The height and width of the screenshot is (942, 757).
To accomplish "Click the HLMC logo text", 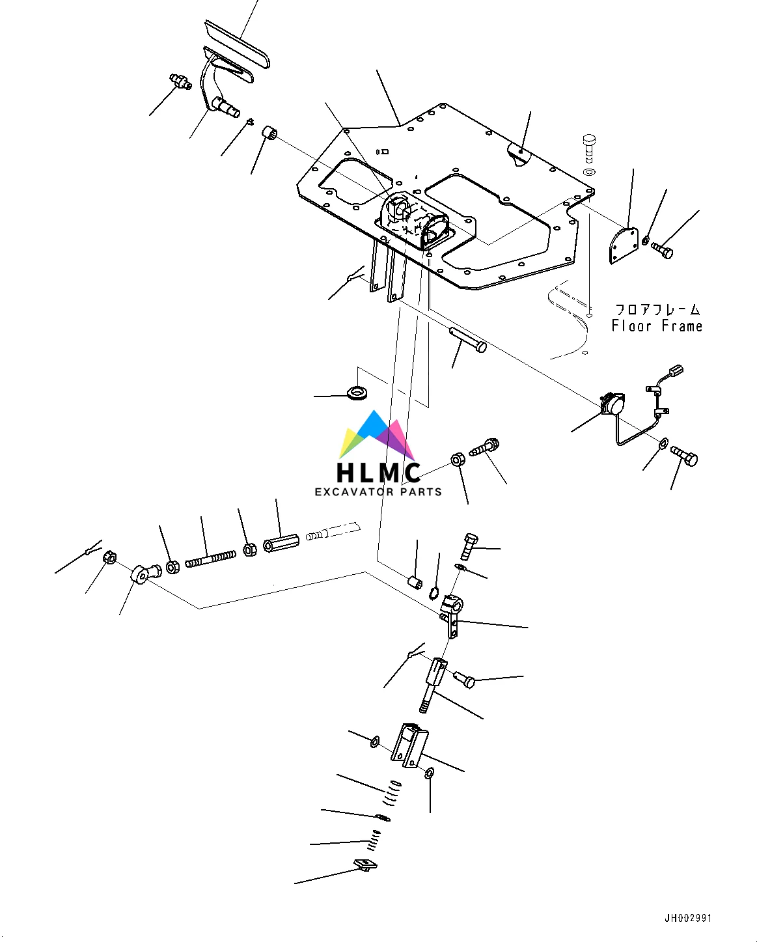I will [x=378, y=472].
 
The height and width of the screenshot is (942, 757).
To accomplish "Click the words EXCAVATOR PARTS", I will [x=378, y=492].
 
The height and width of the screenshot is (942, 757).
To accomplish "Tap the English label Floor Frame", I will [x=657, y=326].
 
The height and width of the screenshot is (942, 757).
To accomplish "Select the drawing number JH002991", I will [x=688, y=919].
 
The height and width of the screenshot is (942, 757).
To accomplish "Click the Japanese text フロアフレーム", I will [x=657, y=310].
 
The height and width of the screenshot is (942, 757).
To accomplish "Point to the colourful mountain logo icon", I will [x=378, y=434].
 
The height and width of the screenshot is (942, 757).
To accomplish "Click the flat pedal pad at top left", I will [x=237, y=43].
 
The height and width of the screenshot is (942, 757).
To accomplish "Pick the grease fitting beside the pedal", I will [x=179, y=82].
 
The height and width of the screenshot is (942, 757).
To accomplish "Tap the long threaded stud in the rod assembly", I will [x=210, y=558].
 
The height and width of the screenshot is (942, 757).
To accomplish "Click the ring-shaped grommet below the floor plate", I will [x=357, y=393].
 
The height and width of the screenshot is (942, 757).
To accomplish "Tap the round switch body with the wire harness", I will [x=612, y=404].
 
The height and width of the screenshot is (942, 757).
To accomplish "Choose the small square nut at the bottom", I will [x=365, y=865].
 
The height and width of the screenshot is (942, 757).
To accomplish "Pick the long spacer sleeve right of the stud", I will [x=281, y=542].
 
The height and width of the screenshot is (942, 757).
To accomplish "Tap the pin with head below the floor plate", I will [x=467, y=339].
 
